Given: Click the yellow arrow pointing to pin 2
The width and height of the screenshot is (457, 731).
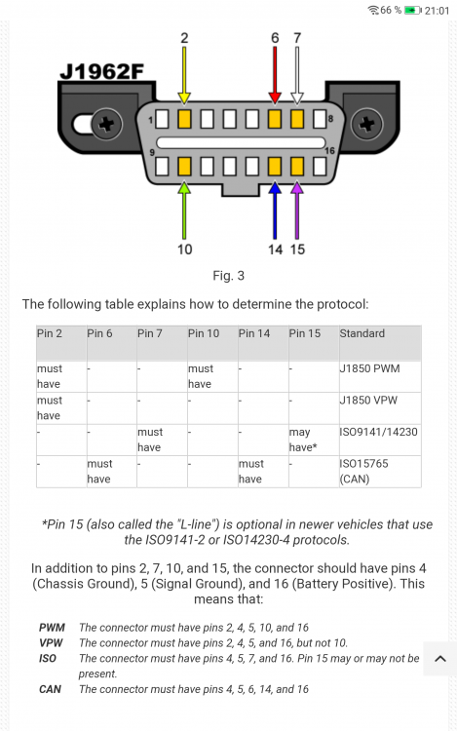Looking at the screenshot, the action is coord(184,75).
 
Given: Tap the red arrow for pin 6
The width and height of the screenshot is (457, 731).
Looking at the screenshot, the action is coord(275,75).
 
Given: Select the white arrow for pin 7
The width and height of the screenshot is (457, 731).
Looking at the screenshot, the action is coord(297,75).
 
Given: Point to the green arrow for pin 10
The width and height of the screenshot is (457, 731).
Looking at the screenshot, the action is coord(184,211).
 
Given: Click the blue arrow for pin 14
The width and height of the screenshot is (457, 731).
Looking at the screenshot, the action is coord(275,211).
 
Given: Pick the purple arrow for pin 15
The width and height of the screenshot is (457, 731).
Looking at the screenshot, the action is coord(297,211).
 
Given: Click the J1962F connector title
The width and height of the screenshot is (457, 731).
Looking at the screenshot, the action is coord(101,71).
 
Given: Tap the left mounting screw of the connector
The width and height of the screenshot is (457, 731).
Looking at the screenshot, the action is coord(106,124).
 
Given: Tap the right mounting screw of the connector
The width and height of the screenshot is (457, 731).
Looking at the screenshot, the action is coord(367,124).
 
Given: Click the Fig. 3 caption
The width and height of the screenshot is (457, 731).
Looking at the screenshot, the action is coord(228,276).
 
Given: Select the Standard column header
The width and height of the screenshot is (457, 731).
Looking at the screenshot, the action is coord(362,333).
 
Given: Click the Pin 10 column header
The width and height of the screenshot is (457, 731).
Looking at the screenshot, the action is coord(204,333).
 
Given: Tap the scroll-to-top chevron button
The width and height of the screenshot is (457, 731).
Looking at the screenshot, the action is coord(440,659).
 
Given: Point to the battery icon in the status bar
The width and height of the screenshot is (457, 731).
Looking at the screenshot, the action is coord(413,10).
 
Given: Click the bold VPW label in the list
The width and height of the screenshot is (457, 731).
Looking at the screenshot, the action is coord(51,643).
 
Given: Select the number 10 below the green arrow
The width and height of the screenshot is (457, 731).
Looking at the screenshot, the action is coord(184,250).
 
